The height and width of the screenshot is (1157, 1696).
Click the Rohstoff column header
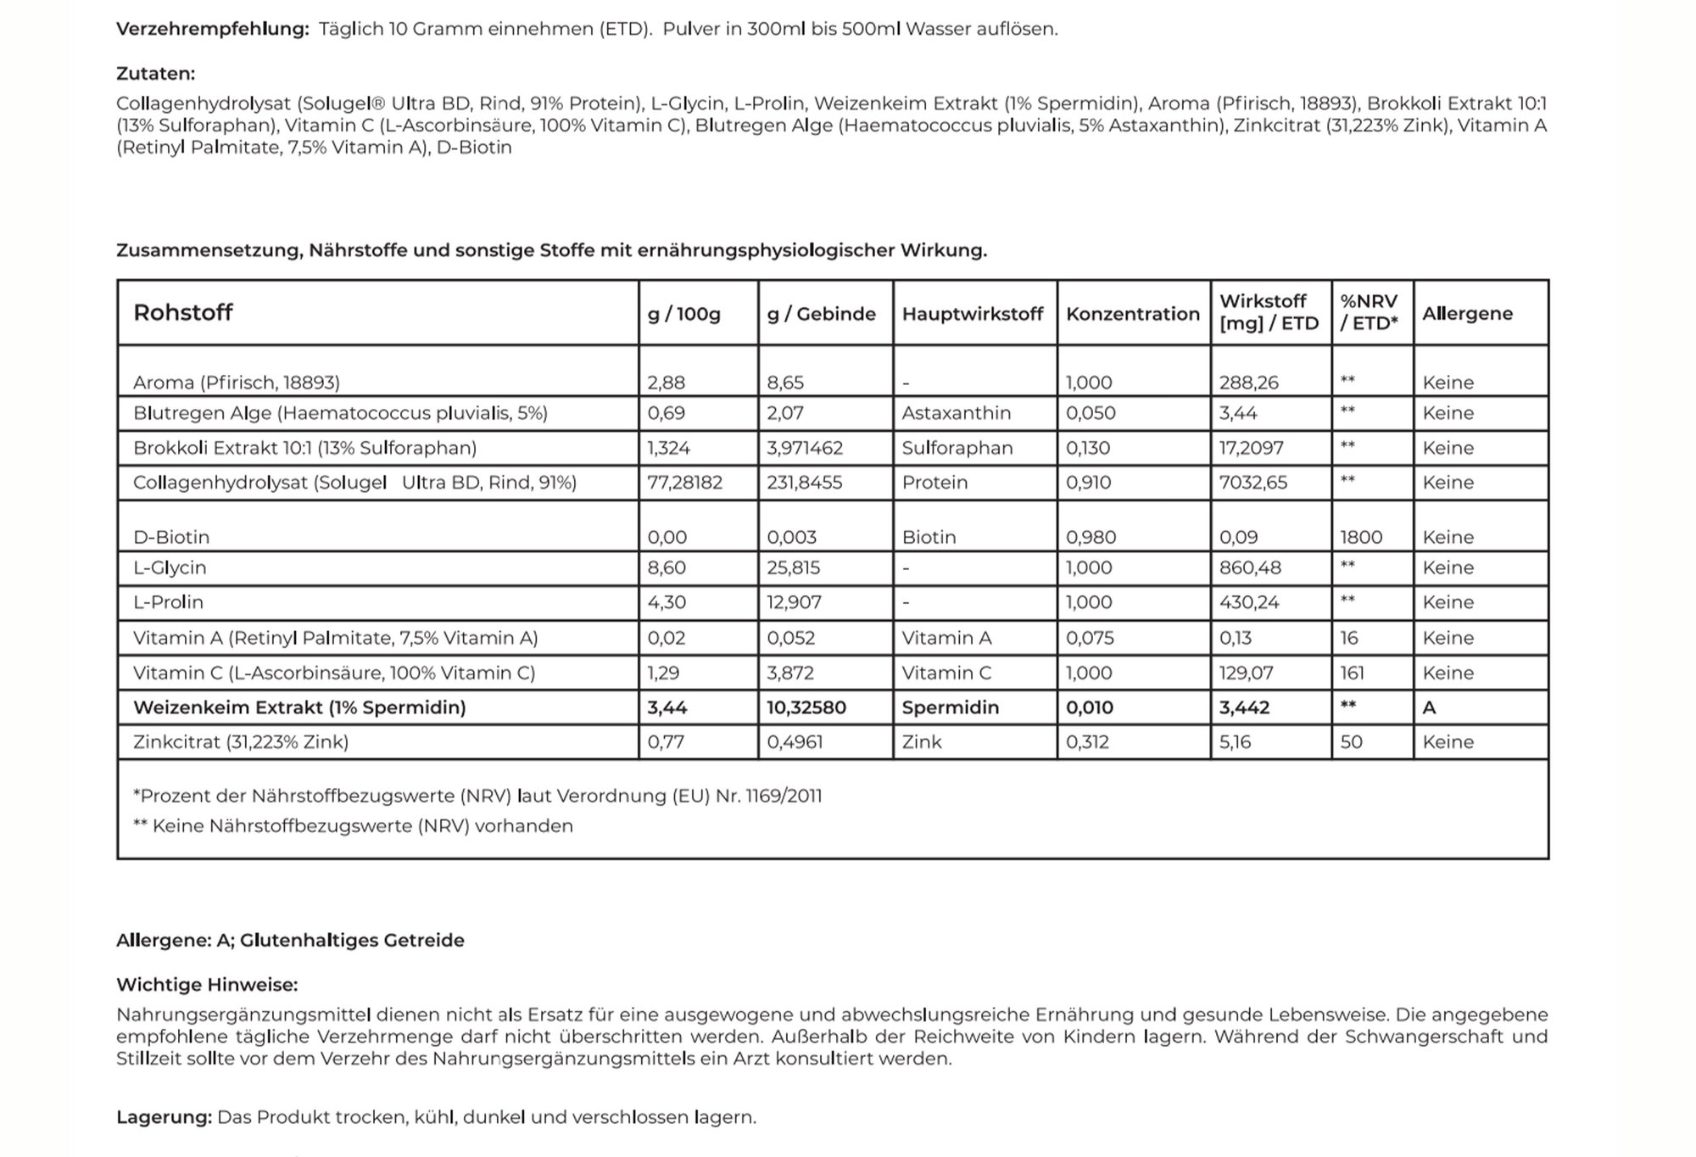[182, 313]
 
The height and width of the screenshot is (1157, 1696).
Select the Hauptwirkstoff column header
[972, 314]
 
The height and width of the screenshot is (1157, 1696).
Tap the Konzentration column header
[1132, 314]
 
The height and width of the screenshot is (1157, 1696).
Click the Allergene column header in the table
[1467, 314]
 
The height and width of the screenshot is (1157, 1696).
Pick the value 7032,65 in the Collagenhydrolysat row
[1252, 483]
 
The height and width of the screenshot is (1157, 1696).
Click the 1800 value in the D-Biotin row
[1361, 537]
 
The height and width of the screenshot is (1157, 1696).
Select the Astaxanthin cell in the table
[956, 413]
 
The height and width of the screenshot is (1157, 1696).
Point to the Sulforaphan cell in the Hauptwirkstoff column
[957, 448]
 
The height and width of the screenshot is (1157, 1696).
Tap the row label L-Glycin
[170, 567]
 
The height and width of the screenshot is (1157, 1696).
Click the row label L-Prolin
[168, 602]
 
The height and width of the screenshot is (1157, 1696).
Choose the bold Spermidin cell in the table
[950, 707]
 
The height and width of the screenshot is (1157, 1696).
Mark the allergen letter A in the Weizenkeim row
[1429, 707]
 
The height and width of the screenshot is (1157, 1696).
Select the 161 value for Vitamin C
[1352, 673]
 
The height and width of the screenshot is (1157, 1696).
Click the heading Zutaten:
[155, 74]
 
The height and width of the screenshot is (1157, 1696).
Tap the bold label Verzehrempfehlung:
[212, 29]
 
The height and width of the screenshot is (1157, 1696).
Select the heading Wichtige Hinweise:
[207, 985]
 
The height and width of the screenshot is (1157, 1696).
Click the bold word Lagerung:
[164, 1117]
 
